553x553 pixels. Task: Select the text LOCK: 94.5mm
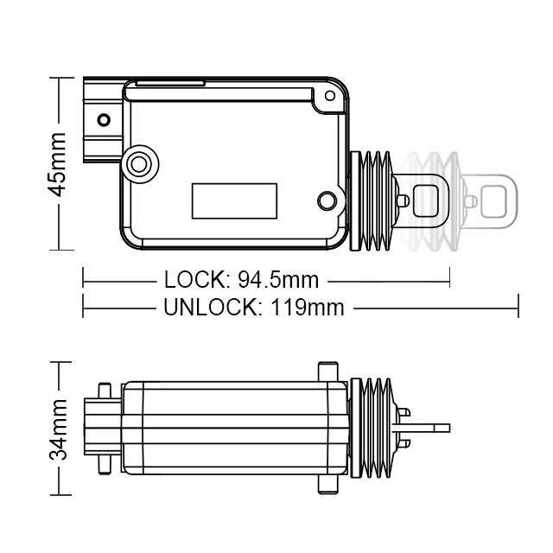241,280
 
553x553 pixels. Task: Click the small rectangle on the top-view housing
234,200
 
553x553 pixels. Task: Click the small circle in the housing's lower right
326,201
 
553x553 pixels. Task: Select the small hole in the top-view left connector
104,119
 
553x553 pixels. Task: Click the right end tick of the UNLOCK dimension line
517,306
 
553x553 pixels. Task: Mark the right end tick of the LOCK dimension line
449,279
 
